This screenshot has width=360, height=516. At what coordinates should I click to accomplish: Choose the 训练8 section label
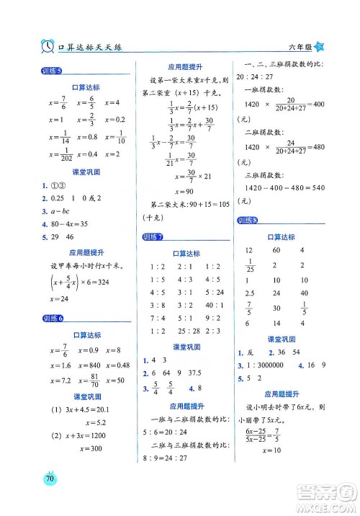[249, 221]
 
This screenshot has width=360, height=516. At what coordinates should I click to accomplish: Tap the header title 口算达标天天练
[89, 47]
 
